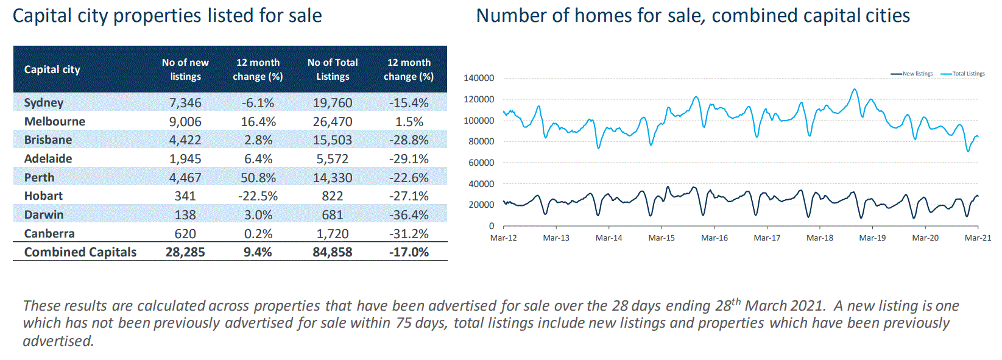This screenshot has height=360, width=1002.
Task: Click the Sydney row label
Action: pyautogui.click(x=44, y=102)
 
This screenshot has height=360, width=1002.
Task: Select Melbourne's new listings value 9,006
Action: pyautogui.click(x=185, y=121)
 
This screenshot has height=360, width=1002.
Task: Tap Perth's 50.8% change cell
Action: pyautogui.click(x=258, y=177)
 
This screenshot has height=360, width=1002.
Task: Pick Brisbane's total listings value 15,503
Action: pyautogui.click(x=333, y=140)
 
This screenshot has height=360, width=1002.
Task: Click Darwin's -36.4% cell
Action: pyautogui.click(x=409, y=214)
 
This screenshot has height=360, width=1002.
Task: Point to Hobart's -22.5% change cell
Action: pyautogui.click(x=258, y=196)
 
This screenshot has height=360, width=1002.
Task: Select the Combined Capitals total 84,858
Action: pyautogui.click(x=333, y=252)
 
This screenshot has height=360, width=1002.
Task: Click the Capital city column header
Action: pyautogui.click(x=52, y=69)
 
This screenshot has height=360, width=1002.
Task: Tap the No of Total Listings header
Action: pyautogui.click(x=333, y=69)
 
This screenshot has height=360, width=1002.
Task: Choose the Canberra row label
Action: pyautogui.click(x=49, y=233)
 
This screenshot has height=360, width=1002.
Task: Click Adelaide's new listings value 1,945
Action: pyautogui.click(x=185, y=159)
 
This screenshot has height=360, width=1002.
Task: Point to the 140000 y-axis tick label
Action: pyautogui.click(x=479, y=78)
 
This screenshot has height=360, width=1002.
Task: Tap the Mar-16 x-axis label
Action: pyautogui.click(x=714, y=238)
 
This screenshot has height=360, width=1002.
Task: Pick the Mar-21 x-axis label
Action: pyautogui.click(x=978, y=238)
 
